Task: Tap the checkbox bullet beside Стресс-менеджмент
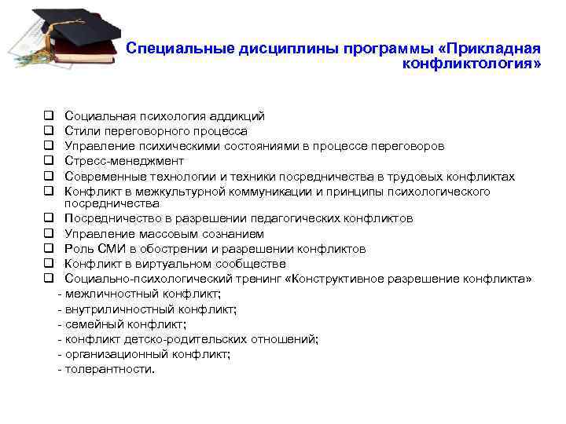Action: click(48, 161)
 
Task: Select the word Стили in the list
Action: click(81, 131)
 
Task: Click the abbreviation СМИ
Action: click(108, 249)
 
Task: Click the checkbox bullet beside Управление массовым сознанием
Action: click(48, 234)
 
